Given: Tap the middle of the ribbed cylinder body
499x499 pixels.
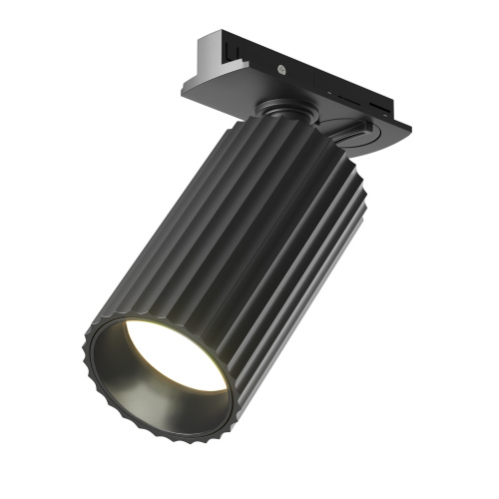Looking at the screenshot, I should click(240, 240).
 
